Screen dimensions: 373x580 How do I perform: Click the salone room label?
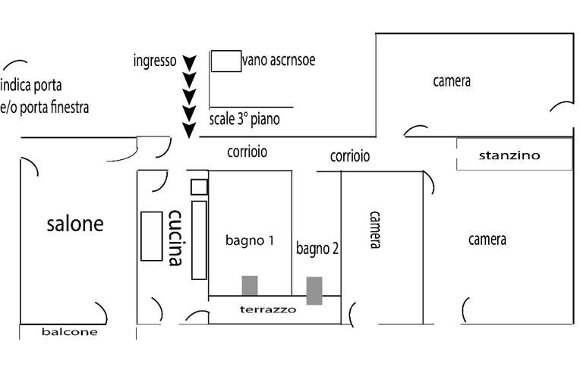74,224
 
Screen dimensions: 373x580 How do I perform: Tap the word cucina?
175,237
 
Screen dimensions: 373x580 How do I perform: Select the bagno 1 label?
249,241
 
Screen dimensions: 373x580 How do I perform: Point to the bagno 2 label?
317,249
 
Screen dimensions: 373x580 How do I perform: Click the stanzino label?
509,155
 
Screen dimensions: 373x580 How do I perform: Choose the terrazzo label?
267,309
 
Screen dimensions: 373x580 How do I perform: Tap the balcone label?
70,332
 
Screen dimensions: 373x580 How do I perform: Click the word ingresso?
154,60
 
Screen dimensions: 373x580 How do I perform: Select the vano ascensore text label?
279,60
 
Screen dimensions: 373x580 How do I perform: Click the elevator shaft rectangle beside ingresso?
226,61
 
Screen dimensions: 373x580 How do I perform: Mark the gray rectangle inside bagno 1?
249,285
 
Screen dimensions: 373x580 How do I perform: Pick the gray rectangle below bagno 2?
314,290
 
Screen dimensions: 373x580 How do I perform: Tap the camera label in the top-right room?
452,81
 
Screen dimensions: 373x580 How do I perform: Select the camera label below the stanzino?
487,240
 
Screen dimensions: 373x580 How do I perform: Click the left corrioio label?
247,152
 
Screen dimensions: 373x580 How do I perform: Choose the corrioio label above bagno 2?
350,156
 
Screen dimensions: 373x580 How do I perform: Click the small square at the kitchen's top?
199,186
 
